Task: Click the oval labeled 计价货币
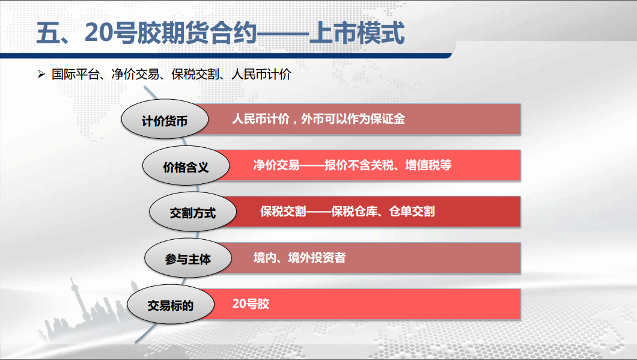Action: pos(165,119)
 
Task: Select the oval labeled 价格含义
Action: pos(186,166)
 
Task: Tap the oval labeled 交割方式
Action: pos(193,212)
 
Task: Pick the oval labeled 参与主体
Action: pos(188,258)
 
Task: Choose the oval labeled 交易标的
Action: pos(171,304)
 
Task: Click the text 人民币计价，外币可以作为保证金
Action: pos(318,119)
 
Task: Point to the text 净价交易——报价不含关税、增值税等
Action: pos(352,165)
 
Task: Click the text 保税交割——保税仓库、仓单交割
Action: pos(347,212)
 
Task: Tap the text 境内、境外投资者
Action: pos(299,258)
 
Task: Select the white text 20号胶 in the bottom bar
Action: pos(251,304)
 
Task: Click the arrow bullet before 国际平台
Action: pos(41,74)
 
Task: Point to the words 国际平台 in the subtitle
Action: pos(76,74)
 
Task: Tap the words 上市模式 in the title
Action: pos(357,32)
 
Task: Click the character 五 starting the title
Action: pos(48,32)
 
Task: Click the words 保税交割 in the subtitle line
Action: pos(195,74)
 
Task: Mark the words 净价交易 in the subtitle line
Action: pos(135,74)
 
